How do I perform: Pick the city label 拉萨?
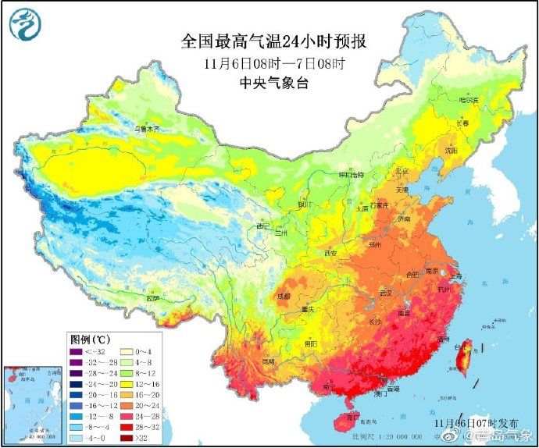tap(153, 297)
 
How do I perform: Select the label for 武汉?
tap(384, 292)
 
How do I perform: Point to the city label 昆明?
tap(269, 363)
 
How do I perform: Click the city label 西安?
tap(330, 254)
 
